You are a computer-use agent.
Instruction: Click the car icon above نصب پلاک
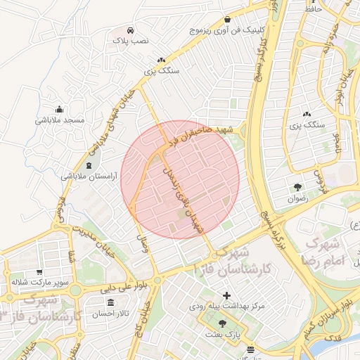131,30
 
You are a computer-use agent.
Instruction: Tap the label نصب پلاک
131,42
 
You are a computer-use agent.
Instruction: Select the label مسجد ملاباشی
60,120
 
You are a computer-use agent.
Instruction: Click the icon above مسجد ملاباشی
60,108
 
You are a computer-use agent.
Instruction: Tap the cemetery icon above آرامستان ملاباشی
89,165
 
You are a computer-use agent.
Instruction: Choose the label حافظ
313,11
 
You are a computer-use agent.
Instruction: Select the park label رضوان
298,199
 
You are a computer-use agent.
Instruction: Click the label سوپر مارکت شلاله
39,282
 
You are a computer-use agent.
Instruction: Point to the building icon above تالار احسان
111,302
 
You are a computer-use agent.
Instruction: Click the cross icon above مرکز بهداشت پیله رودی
226,295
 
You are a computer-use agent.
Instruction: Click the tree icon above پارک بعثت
223,324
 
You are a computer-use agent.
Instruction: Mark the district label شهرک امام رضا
333,251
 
